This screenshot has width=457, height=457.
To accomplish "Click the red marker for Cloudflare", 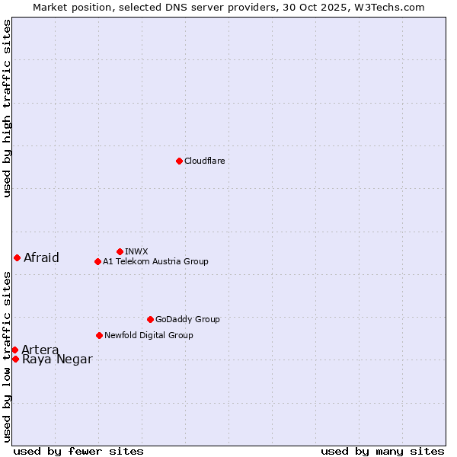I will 179,161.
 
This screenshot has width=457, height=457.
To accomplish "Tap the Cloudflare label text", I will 204,161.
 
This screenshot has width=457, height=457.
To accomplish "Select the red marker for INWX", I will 120,251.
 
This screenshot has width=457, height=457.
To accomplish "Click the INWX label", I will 136,251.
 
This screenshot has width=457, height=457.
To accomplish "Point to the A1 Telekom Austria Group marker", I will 97,261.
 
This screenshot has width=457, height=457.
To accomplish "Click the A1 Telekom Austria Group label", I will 155,261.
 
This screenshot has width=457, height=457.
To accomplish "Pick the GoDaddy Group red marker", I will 150,319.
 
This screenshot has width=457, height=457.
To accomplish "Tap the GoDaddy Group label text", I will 187,319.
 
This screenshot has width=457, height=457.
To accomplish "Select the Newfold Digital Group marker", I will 99,335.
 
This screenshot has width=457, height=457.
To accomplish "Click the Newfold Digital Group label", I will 149,335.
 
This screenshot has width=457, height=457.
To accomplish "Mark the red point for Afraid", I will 17,257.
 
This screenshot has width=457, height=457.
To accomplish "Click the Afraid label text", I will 41,257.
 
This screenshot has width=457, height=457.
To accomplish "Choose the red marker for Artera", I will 14,350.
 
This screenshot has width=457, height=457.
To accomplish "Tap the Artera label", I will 40,350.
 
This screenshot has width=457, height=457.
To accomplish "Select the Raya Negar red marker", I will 15,359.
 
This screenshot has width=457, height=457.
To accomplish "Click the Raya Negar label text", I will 57,360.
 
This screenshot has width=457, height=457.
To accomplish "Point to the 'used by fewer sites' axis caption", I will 78,451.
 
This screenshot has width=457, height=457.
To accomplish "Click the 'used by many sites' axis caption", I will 382,451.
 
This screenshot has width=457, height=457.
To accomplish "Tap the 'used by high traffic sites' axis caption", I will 7,108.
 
